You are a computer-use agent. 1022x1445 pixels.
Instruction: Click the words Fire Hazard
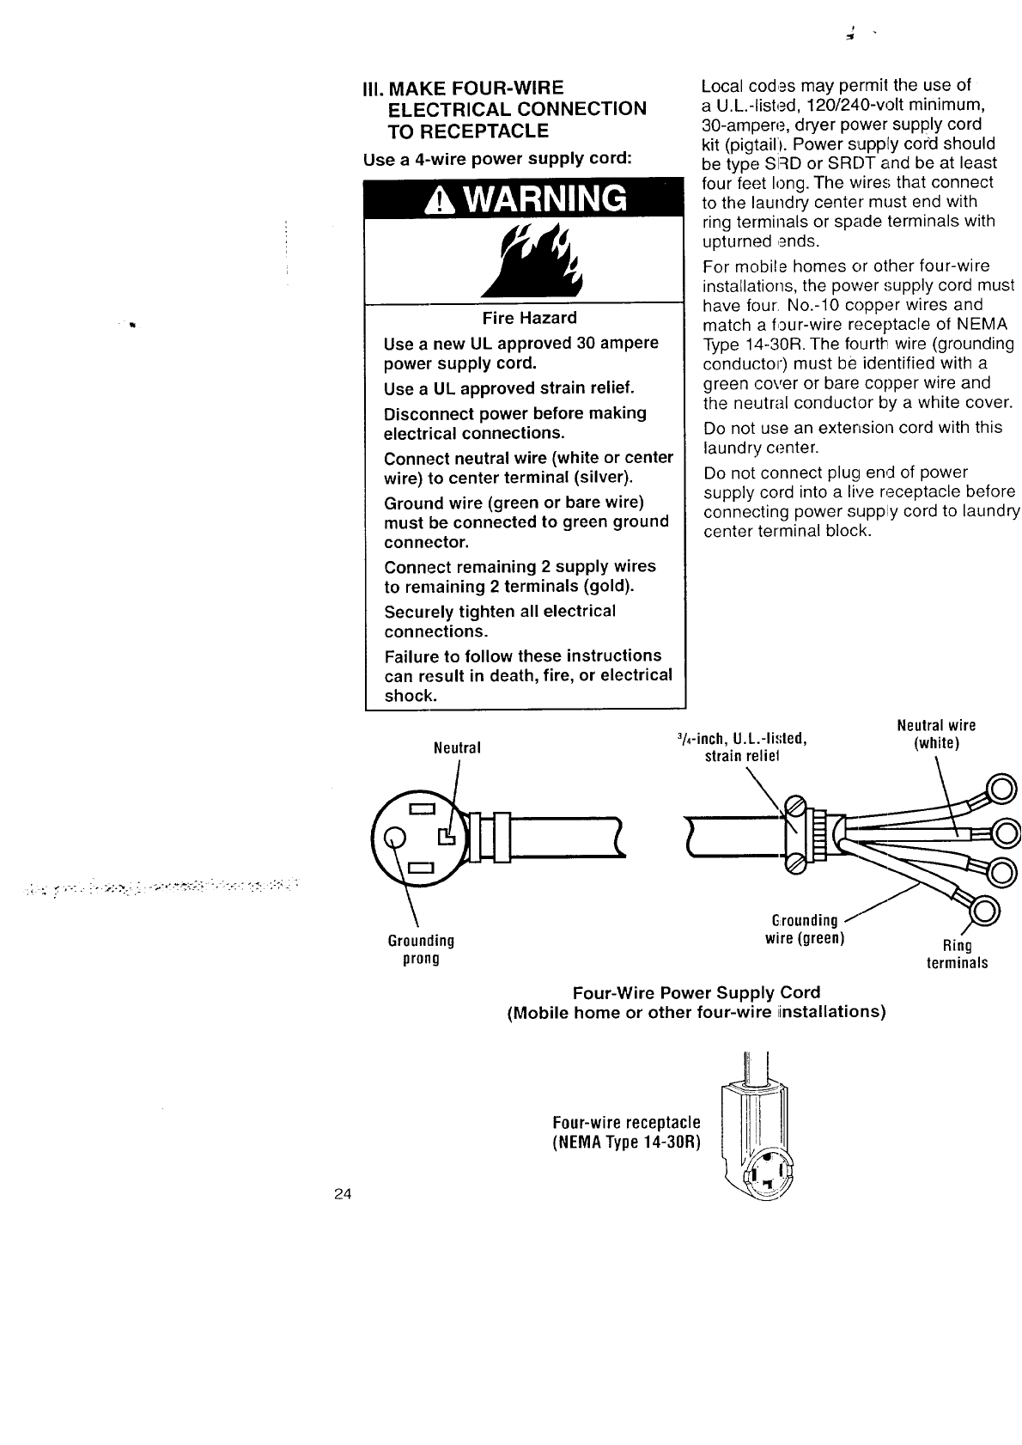point(529,318)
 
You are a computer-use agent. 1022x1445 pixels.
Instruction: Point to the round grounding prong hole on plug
point(394,836)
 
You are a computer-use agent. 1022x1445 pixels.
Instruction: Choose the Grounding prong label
point(421,949)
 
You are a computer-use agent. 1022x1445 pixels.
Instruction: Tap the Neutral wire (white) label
point(935,734)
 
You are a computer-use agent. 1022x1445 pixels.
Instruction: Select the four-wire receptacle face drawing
point(770,1174)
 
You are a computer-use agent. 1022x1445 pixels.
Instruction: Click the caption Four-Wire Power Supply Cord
point(696,992)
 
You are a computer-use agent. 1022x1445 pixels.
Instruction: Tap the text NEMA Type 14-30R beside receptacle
point(626,1142)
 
